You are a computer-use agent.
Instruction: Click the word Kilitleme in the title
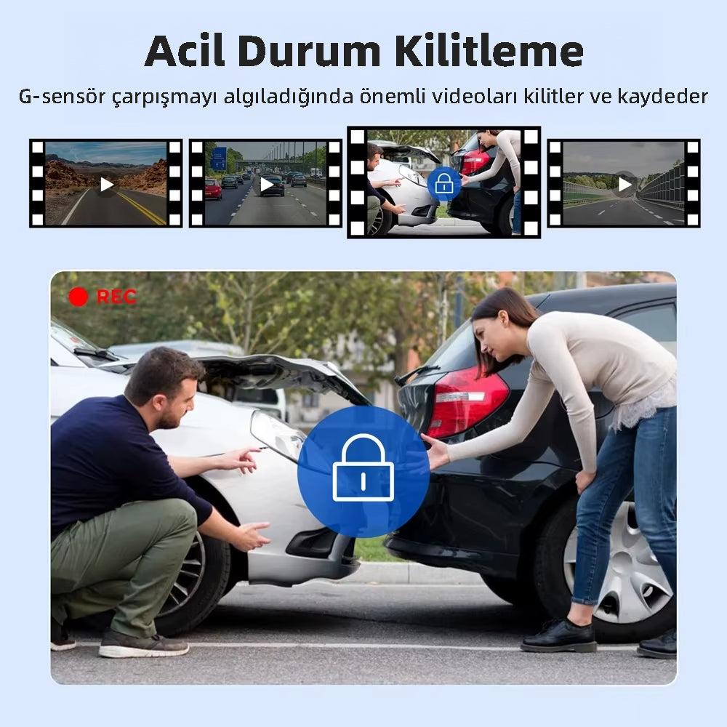489,51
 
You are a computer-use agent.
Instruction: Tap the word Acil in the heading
185,51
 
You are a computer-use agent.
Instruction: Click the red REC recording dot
78,297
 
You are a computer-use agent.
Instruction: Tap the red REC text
116,297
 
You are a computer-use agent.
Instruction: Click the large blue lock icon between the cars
363,472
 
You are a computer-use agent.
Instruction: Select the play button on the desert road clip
107,185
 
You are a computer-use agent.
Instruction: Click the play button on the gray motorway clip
624,184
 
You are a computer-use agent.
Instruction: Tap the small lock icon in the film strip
443,184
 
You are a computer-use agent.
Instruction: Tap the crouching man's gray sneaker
142,643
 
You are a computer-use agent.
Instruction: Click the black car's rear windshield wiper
417,374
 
